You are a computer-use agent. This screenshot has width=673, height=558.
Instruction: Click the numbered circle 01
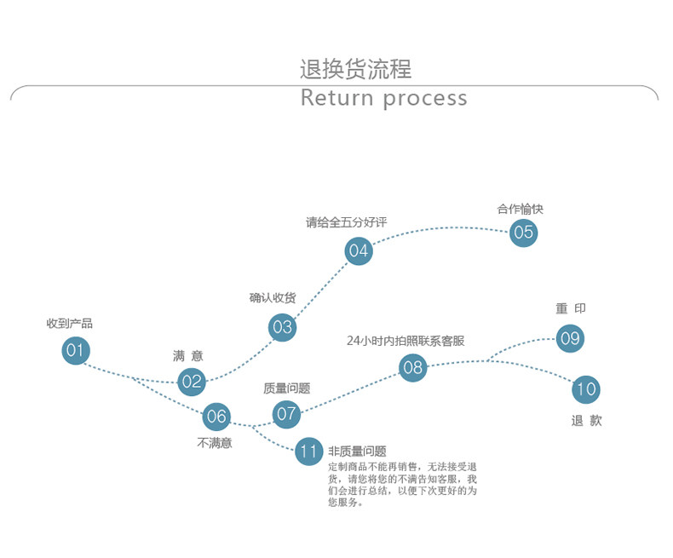pyautogui.click(x=76, y=350)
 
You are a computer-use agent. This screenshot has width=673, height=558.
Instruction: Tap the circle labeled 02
pyautogui.click(x=192, y=382)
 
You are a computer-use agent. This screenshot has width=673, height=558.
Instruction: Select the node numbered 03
pyautogui.click(x=282, y=327)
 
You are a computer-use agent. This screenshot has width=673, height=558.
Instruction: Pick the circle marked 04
pyautogui.click(x=359, y=251)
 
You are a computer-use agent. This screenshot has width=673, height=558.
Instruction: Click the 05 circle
pyautogui.click(x=524, y=233)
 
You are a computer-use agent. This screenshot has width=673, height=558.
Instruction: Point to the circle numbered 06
pyautogui.click(x=216, y=417)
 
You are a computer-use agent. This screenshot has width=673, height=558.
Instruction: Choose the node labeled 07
pyautogui.click(x=286, y=415)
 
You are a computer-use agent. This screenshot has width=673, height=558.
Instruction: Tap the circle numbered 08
pyautogui.click(x=413, y=368)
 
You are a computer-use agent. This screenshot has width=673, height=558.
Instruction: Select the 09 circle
pyautogui.click(x=570, y=338)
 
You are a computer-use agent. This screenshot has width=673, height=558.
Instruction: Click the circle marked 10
pyautogui.click(x=586, y=390)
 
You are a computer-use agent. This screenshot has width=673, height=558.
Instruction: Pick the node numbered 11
pyautogui.click(x=309, y=452)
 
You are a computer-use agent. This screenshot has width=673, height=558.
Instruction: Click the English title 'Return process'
pyautogui.click(x=383, y=98)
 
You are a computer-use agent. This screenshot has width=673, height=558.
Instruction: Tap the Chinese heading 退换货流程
pyautogui.click(x=355, y=69)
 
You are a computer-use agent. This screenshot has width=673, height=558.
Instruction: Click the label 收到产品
pyautogui.click(x=70, y=324)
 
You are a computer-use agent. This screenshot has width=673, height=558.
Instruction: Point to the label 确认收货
pyautogui.click(x=273, y=297)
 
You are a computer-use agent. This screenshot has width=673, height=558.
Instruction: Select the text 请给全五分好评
pyautogui.click(x=346, y=223)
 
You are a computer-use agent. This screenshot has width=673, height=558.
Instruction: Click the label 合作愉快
pyautogui.click(x=521, y=209)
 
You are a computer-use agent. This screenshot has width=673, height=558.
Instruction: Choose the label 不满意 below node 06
pyautogui.click(x=215, y=443)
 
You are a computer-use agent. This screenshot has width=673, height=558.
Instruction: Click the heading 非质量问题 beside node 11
pyautogui.click(x=357, y=452)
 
